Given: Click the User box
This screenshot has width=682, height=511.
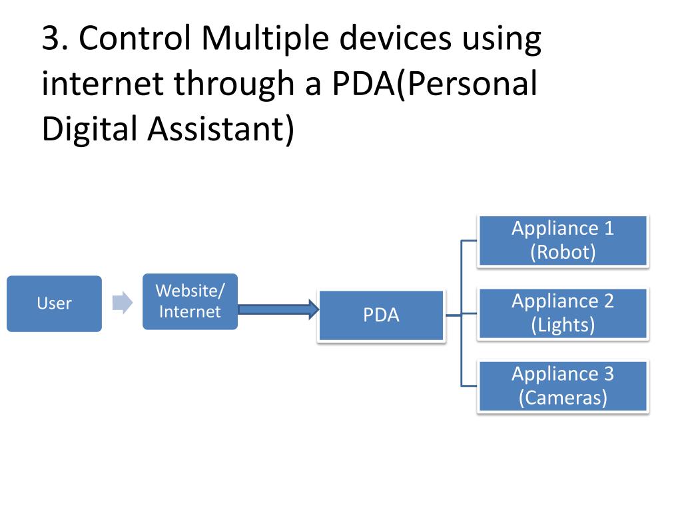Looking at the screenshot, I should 54,303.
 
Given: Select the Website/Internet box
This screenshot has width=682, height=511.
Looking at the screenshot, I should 190,301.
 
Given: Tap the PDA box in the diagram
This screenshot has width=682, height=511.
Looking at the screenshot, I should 381,315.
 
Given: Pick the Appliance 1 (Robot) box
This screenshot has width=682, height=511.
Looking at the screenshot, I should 562,240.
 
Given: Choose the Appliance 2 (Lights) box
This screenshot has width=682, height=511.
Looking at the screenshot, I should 562,313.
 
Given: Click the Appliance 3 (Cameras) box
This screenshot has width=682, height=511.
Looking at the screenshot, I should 562,385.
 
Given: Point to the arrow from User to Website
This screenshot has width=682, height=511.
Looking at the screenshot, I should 122,303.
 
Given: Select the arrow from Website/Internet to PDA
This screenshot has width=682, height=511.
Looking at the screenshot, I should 277,309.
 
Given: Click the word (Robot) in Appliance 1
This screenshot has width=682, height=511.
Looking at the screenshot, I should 562,252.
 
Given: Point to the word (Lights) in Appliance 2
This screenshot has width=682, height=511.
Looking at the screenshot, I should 562,325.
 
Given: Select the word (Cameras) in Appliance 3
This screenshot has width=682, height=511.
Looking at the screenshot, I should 562,397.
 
